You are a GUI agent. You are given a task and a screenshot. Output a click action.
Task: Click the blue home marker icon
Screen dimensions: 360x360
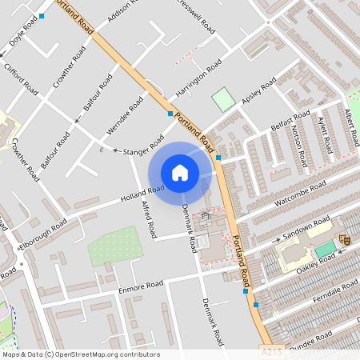pyautogui.click(x=180, y=173)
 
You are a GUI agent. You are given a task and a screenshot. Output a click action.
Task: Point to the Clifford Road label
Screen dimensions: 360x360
pyautogui.click(x=19, y=76)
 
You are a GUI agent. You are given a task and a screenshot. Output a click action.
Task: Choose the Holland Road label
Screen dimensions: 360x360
pyautogui.click(x=142, y=194)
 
